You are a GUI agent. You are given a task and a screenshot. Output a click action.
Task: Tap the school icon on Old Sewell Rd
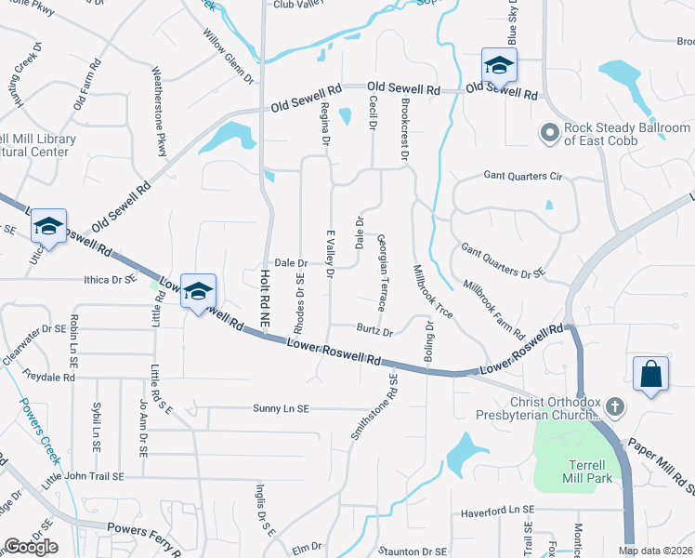click(499, 66)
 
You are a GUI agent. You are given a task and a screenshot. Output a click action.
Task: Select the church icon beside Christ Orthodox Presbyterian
click(613, 406)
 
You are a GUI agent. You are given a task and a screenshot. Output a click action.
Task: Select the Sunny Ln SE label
click(293, 408)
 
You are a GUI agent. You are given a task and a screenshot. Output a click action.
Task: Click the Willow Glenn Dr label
click(229, 55)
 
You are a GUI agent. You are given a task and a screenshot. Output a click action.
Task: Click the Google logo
click(31, 546)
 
